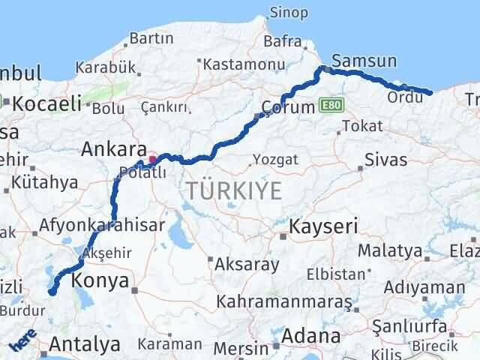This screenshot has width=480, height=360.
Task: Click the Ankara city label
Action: pos(112,148)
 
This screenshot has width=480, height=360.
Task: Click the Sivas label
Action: pos(386,160)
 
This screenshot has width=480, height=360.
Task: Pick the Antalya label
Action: pos(84,344)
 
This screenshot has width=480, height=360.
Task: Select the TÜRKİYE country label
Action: pos(234,191)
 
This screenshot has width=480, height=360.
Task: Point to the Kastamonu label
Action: pos(244,66)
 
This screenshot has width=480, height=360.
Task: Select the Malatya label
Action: pos(389,250)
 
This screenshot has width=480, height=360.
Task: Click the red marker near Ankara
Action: pos(153,158)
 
